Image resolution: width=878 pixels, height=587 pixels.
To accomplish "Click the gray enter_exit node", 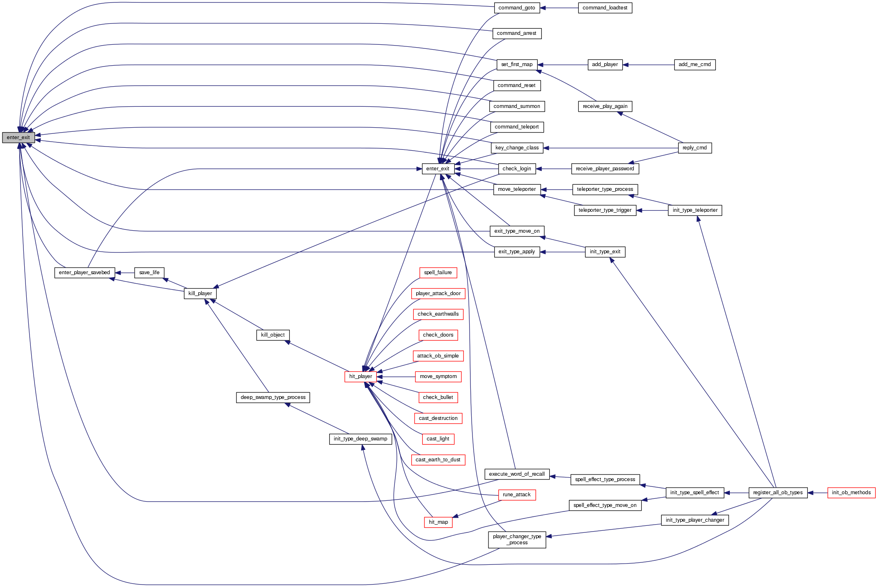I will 18,138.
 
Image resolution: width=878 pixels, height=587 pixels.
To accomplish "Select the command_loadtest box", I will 605,8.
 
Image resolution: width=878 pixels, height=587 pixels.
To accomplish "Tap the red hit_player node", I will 360,376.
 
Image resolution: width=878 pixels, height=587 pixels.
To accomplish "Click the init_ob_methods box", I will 851,493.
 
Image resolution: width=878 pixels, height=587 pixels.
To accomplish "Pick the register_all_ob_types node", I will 777,493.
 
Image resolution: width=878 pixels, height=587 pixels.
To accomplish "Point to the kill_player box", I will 200,293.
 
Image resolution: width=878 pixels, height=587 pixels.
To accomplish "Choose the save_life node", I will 149,273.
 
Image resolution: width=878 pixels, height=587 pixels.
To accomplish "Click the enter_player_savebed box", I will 84,273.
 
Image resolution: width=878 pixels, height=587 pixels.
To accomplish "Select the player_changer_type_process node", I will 517,539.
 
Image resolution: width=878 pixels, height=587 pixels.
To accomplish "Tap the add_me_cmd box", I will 695,64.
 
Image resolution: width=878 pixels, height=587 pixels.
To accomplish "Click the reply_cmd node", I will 695,148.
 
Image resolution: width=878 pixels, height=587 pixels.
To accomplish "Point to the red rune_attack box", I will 516,495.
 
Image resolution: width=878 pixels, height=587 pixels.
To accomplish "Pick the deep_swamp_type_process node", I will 273,397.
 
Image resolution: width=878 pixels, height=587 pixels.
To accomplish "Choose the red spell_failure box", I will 438,273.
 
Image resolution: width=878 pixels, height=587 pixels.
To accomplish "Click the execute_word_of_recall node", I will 517,474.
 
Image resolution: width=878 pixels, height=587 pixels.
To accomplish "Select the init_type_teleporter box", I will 695,210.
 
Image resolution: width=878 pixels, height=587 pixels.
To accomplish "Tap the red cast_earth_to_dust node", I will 438,460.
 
